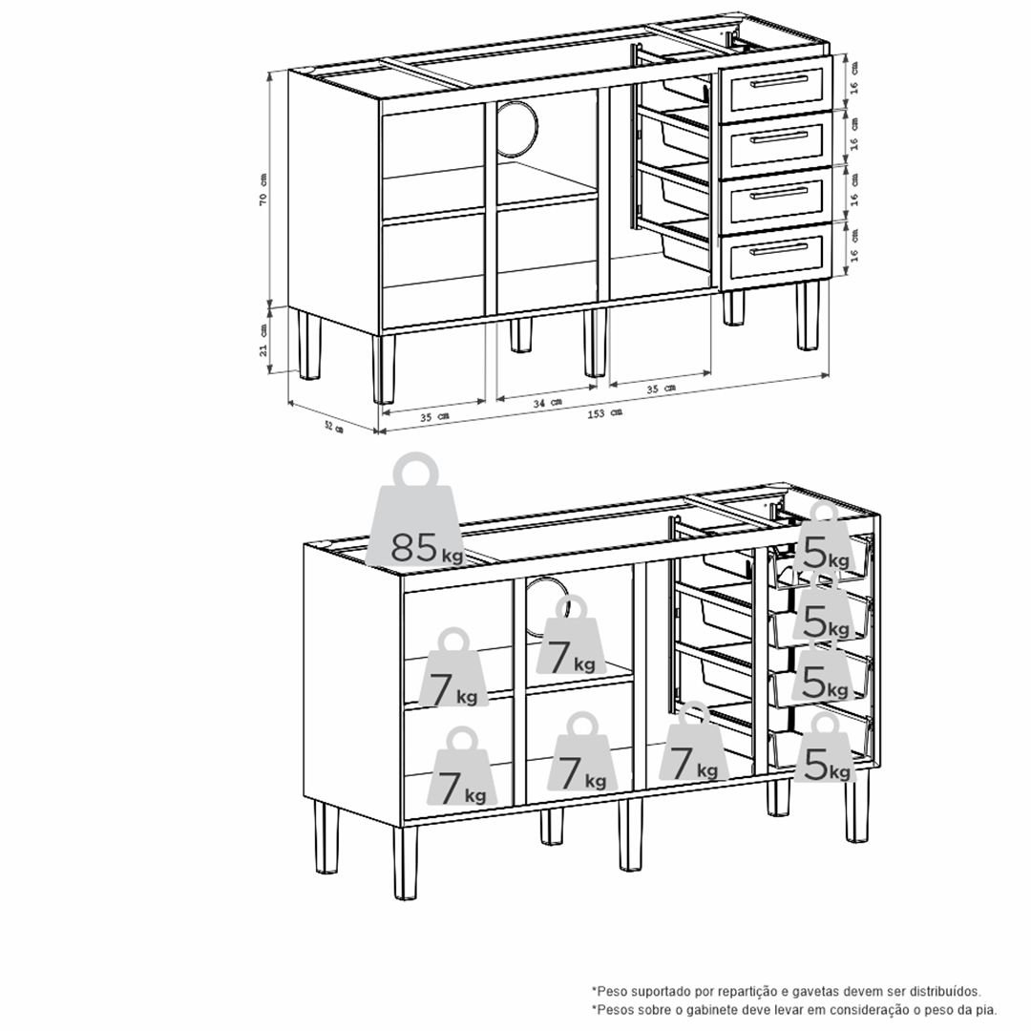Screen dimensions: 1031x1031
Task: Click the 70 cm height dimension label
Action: tap(263, 190)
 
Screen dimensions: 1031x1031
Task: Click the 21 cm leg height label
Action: tap(263, 339)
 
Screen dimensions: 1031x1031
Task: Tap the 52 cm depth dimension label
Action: tap(334, 428)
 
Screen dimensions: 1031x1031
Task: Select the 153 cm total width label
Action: tap(605, 413)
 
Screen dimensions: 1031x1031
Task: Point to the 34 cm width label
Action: tap(547, 403)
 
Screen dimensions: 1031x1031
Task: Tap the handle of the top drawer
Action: tap(779, 81)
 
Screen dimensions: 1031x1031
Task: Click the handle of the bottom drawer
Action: tap(779, 248)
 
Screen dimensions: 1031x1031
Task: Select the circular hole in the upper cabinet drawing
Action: tap(516, 128)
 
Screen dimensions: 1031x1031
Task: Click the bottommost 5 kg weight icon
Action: tap(825, 748)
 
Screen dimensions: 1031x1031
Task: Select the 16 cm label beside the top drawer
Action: tap(853, 77)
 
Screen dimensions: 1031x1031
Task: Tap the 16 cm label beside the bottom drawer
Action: tap(853, 245)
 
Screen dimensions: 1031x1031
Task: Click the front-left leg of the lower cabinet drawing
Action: tap(406, 863)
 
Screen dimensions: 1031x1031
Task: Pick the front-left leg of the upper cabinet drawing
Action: tap(384, 368)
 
